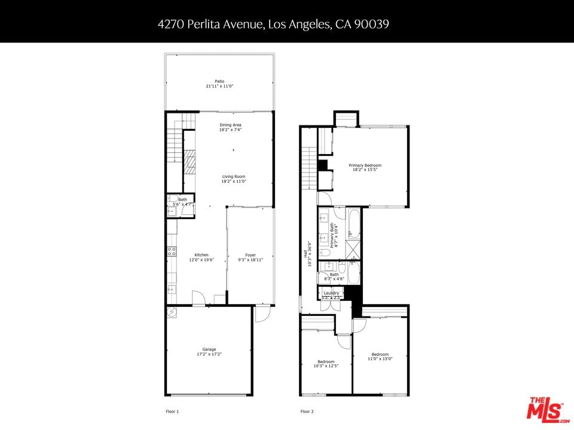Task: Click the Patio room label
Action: (219, 81)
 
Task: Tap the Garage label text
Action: (209, 349)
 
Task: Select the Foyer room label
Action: (251, 255)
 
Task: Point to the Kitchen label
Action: (201, 255)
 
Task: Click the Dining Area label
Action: (230, 125)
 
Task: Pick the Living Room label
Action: (234, 177)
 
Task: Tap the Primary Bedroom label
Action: (365, 165)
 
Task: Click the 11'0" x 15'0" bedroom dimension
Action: (380, 359)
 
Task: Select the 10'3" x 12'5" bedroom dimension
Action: (326, 365)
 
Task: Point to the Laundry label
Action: (331, 293)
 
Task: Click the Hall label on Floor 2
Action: (306, 253)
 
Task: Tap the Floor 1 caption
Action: (172, 411)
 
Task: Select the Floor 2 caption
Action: (307, 411)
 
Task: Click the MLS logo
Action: (548, 408)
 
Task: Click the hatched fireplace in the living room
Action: (190, 161)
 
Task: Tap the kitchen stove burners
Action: (172, 251)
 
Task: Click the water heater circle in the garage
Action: (172, 312)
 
